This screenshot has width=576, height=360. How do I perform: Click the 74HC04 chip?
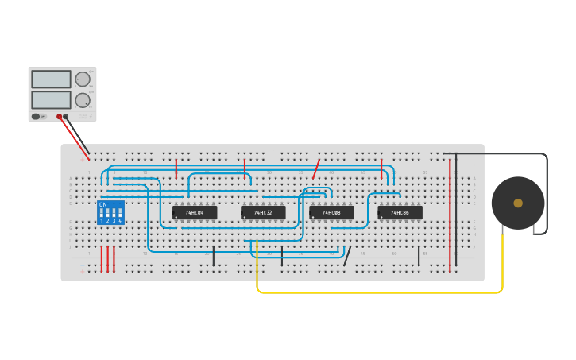(x=195, y=213)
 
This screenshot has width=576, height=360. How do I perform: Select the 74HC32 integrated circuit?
(x=263, y=213)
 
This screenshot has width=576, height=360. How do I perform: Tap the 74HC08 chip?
(x=331, y=213)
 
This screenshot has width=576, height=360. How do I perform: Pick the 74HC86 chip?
(x=400, y=213)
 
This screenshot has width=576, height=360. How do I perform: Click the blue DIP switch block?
(x=110, y=212)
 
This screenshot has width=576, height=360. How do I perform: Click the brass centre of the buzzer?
(x=518, y=203)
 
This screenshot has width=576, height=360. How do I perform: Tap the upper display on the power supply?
(x=51, y=79)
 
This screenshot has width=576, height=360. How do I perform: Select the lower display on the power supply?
(x=51, y=99)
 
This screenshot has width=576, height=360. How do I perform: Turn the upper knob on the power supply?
(x=83, y=79)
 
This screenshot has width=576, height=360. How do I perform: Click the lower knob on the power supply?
(x=83, y=100)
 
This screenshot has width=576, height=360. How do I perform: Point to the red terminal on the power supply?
(x=59, y=117)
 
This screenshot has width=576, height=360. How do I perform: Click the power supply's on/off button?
(x=36, y=117)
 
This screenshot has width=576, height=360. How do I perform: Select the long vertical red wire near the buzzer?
(x=450, y=215)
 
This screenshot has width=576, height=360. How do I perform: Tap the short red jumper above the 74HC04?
(x=176, y=168)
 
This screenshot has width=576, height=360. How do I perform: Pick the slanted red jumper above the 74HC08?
(x=316, y=168)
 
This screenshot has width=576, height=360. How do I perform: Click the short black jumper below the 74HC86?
(x=419, y=256)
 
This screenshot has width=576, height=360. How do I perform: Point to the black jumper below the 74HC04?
(x=214, y=256)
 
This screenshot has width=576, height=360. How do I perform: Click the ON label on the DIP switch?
(x=102, y=204)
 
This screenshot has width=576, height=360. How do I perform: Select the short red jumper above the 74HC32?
(x=245, y=168)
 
